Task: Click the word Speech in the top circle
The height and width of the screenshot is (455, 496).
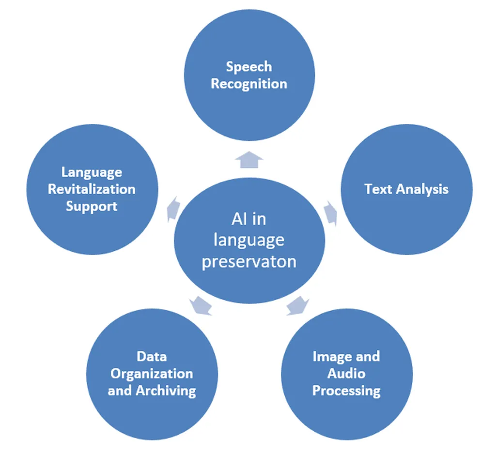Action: coord(249,67)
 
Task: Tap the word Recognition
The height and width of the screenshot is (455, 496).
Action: coord(249,84)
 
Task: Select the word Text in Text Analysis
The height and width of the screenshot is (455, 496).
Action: coord(378,189)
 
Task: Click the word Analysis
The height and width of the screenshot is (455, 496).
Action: coord(421,189)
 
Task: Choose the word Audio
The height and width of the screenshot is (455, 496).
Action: coord(346,374)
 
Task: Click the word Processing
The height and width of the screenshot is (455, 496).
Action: coord(346,391)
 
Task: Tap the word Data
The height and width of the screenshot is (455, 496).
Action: coord(152,357)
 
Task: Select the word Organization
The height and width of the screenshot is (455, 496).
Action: coord(152,374)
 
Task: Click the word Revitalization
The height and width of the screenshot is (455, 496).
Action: coord(92,189)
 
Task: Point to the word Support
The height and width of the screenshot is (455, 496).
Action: coord(92,206)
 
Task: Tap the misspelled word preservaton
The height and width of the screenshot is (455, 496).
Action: coord(249,261)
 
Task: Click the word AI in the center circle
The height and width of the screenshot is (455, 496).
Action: coord(238,219)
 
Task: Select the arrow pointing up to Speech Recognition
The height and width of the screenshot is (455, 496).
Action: coord(249,159)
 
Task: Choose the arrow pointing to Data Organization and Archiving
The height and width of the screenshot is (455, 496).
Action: coord(200,306)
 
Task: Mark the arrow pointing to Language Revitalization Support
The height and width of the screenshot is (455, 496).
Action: coord(172,208)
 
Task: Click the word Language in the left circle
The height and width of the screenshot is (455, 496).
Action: coord(92,172)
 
